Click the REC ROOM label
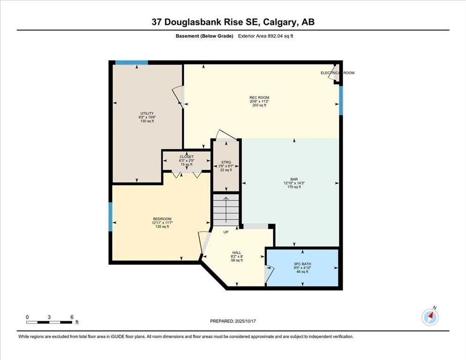259,97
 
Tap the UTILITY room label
147,113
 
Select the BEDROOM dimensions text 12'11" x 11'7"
162,223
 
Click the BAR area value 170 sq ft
294,187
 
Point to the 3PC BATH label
302,264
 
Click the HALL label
237,253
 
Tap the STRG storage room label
226,162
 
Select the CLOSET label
187,157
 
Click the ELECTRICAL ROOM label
338,73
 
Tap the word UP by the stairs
226,232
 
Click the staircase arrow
226,210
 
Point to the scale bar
49,322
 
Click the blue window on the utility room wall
131,62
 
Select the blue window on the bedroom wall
110,217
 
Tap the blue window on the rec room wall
341,100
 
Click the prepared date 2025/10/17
246,321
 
